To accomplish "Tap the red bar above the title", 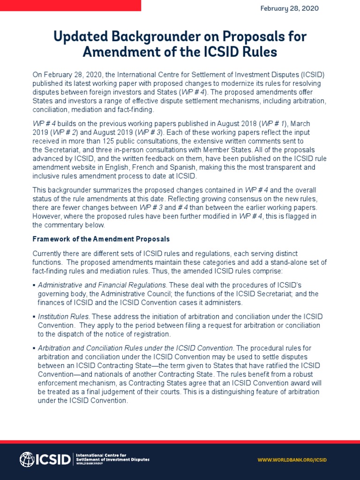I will (70, 6).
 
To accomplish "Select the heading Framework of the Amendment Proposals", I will (101, 239).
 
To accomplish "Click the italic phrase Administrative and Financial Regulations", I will (102, 285).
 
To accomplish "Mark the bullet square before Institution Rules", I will (34, 317).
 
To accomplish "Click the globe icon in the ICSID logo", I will (27, 459).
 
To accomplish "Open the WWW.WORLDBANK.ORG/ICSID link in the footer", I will (292, 460).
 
